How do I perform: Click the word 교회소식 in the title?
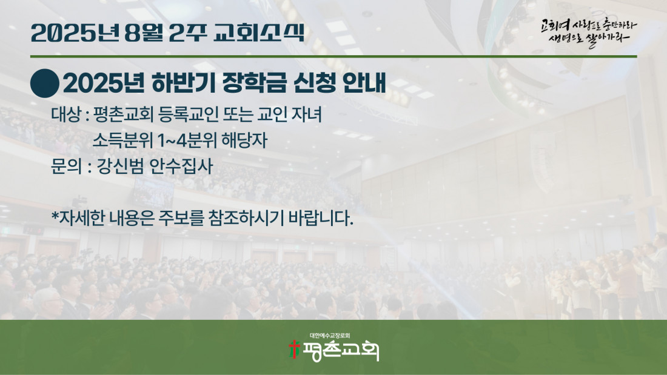(260, 33)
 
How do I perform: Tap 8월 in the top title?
(144, 33)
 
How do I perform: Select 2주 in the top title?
(187, 33)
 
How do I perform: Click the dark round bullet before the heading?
(45, 84)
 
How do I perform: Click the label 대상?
(66, 114)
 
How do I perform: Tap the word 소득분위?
(122, 141)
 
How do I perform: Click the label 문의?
(66, 166)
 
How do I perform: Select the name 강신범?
(119, 166)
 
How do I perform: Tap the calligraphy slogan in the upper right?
(589, 32)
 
